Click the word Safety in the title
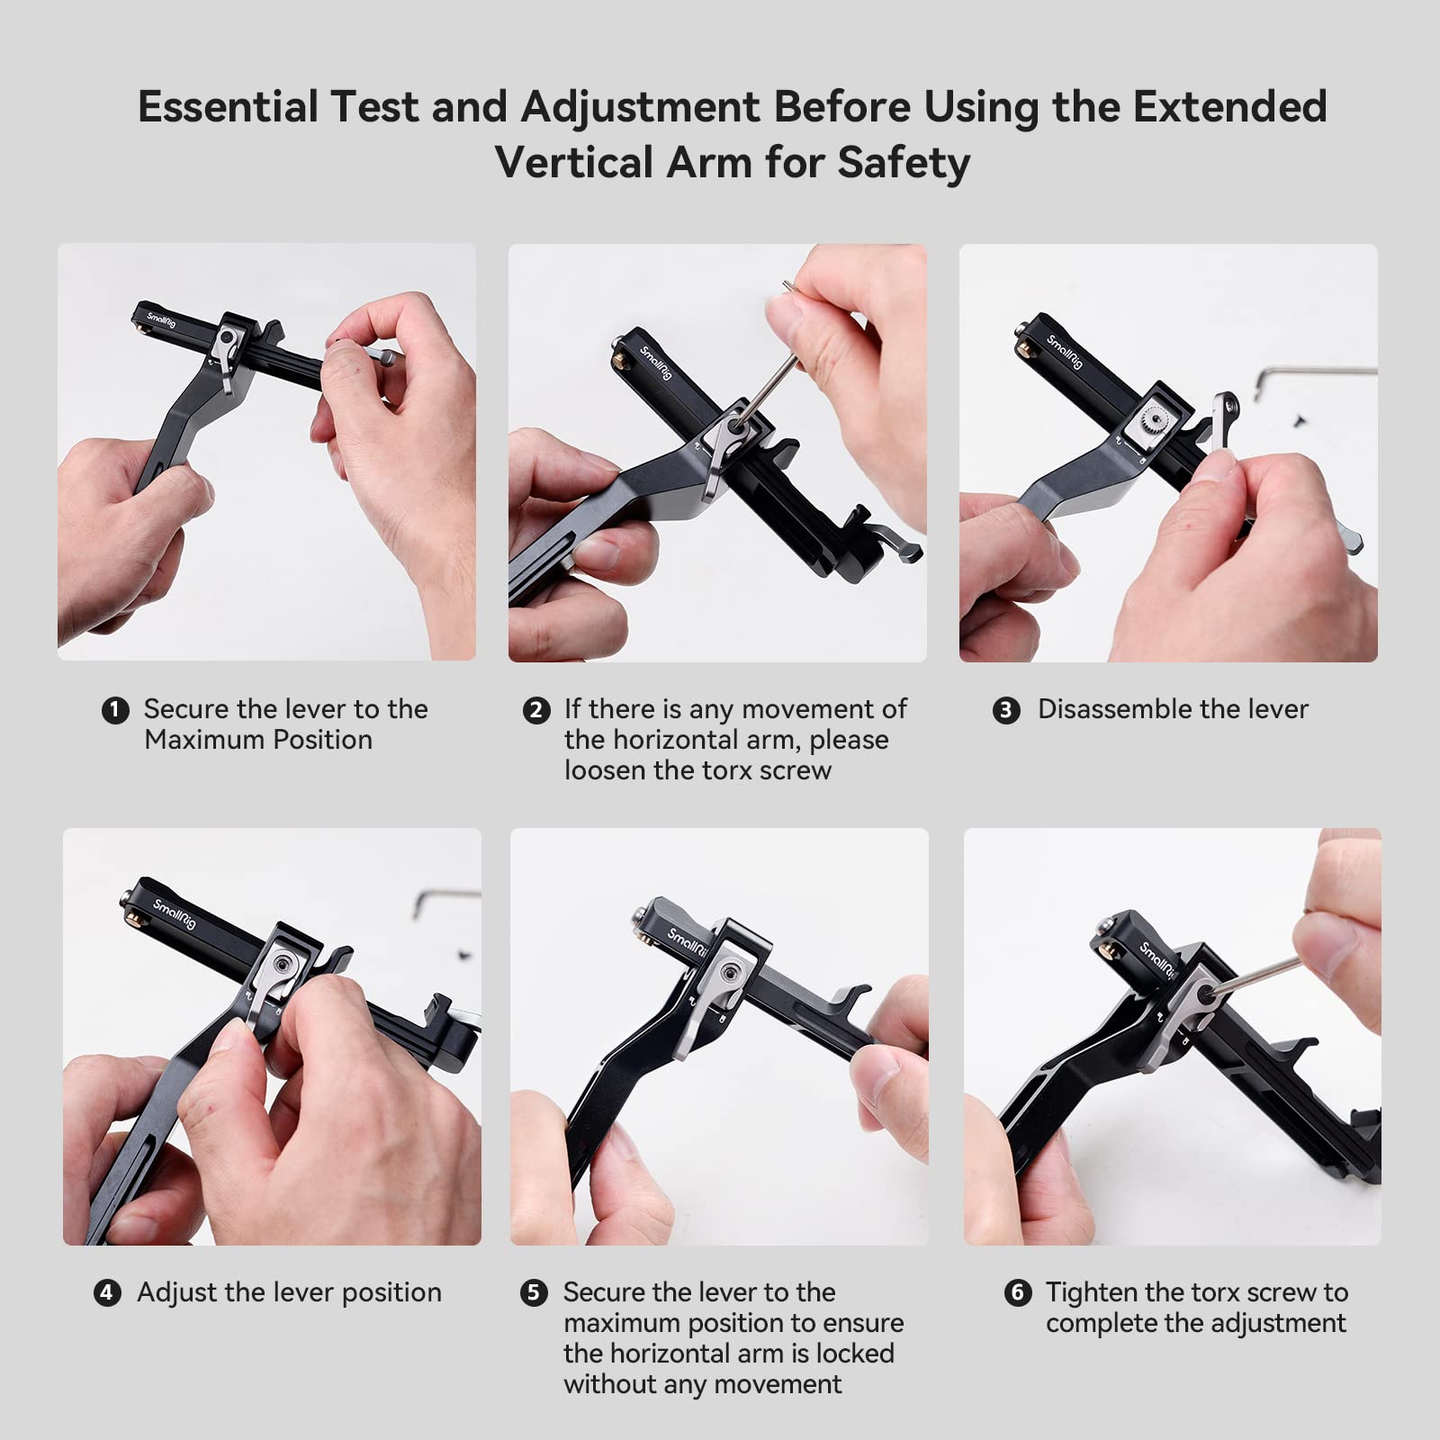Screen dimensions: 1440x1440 (x=903, y=163)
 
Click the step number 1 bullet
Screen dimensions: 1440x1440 (x=114, y=710)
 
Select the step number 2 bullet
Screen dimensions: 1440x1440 (x=535, y=710)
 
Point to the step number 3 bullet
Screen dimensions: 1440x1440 (x=1006, y=710)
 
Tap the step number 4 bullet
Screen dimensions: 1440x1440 (x=107, y=1293)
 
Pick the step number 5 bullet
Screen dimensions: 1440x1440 (x=534, y=1293)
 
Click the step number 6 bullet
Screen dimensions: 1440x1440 (x=1017, y=1293)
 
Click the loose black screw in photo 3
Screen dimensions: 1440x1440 (x=1299, y=417)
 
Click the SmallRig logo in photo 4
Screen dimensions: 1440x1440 (x=173, y=913)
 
